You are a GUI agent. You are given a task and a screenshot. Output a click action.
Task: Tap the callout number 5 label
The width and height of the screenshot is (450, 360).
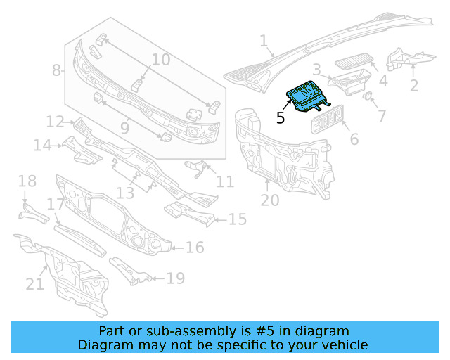click(281, 118)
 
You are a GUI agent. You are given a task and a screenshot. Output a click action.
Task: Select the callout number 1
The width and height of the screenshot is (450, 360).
click(264, 42)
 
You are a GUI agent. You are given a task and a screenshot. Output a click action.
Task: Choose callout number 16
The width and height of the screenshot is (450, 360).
click(195, 247)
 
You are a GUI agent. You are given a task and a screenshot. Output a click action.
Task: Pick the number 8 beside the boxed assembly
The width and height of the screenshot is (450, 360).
click(57, 70)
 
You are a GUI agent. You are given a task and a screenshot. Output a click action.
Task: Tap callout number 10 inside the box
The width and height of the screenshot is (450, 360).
click(161, 60)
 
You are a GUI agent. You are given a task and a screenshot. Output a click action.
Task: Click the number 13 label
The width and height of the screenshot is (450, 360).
click(125, 193)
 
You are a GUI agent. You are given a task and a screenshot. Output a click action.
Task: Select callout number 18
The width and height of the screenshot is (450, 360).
click(27, 182)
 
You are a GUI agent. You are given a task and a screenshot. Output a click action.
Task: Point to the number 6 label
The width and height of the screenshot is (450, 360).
click(354, 139)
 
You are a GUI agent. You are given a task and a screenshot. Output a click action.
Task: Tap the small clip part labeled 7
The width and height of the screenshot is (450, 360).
click(368, 96)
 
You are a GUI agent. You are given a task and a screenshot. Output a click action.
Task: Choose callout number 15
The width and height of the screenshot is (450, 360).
click(237, 220)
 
